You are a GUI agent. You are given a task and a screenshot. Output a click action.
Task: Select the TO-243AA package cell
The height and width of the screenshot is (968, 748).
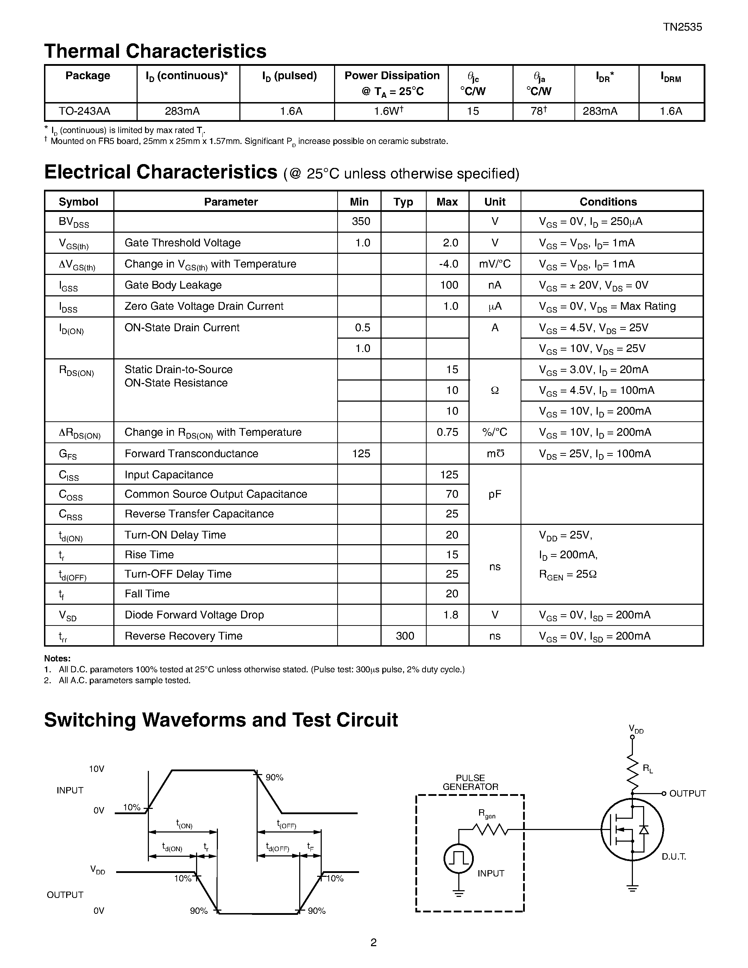(84, 111)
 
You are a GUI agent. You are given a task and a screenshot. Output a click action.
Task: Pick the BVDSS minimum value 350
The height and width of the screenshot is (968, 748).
(361, 221)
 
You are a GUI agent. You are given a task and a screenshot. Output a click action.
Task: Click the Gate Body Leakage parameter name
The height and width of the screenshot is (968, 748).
(173, 285)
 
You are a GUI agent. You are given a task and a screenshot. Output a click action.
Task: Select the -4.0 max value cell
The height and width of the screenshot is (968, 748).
(448, 264)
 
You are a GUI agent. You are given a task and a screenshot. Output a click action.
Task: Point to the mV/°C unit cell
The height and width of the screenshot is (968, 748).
(495, 264)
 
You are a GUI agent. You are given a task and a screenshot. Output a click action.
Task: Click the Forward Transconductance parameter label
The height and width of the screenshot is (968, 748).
(191, 453)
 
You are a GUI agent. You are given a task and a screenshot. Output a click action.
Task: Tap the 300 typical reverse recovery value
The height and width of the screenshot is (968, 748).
(404, 636)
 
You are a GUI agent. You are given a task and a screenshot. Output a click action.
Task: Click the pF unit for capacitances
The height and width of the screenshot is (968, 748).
(495, 494)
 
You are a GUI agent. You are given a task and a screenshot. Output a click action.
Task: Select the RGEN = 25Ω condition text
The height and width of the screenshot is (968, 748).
(568, 574)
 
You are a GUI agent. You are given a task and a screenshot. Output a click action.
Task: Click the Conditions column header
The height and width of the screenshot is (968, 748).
(608, 202)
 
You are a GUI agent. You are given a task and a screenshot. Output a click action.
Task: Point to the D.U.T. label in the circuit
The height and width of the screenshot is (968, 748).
(674, 857)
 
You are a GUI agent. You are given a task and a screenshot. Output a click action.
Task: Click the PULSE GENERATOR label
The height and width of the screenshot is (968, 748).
(470, 782)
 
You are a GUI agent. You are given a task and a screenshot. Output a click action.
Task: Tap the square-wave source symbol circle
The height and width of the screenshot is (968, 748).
(459, 859)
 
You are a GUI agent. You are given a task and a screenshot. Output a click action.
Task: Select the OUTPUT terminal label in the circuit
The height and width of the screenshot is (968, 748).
(687, 793)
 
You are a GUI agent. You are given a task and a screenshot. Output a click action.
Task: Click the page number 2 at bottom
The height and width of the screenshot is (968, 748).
(373, 942)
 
